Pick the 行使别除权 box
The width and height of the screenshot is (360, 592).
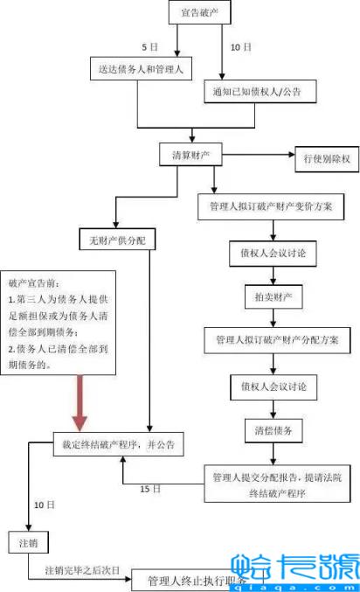pyautogui.click(x=326, y=158)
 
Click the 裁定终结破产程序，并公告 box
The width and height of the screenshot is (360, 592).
pyautogui.click(x=119, y=444)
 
